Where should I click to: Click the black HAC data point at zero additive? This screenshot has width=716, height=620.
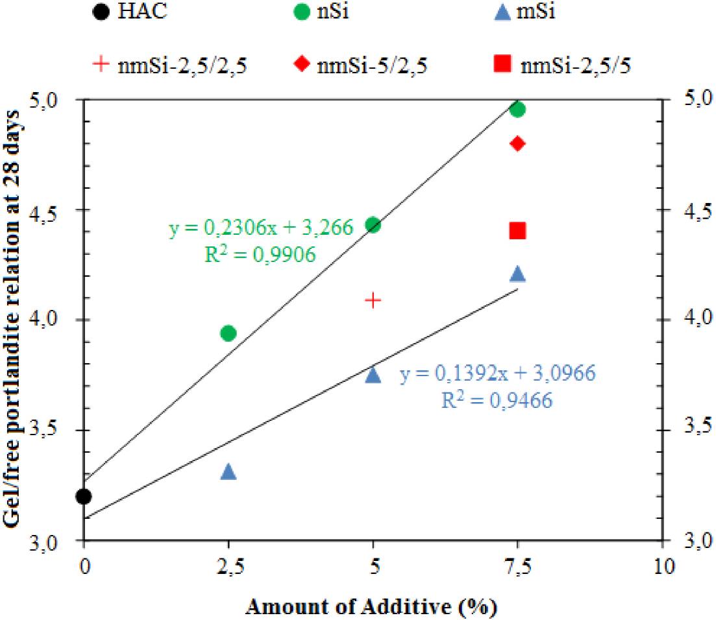click(x=84, y=496)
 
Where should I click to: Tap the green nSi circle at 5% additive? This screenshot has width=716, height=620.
click(x=373, y=225)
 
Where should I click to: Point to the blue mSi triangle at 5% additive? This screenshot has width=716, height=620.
click(x=373, y=376)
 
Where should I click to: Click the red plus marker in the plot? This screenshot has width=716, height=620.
click(x=373, y=300)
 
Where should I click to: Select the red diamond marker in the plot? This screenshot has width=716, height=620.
click(x=517, y=143)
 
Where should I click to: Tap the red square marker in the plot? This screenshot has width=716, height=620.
click(x=517, y=230)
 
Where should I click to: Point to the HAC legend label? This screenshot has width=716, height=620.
click(x=139, y=12)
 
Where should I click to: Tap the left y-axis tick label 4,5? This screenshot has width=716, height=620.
click(x=59, y=210)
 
